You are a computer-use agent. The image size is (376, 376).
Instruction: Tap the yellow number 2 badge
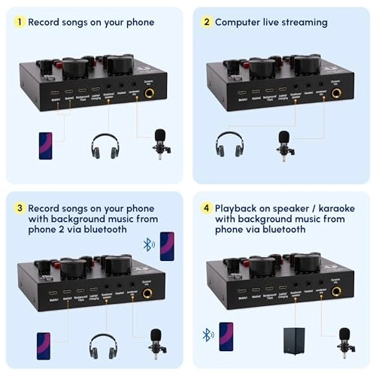point(206,23)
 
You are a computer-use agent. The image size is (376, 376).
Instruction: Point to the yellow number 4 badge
point(206,207)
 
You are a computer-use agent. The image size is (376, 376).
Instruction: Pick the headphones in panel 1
point(105,146)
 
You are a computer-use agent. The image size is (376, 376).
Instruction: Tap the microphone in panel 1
point(159,143)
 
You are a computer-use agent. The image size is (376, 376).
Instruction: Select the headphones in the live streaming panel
point(229,144)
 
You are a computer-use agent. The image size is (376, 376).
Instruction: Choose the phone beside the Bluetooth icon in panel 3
point(166,246)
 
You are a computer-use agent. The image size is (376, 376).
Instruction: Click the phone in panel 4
point(226,335)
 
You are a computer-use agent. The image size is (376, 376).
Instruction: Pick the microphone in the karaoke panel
point(344,341)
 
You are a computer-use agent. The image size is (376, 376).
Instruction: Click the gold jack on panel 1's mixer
point(149,94)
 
